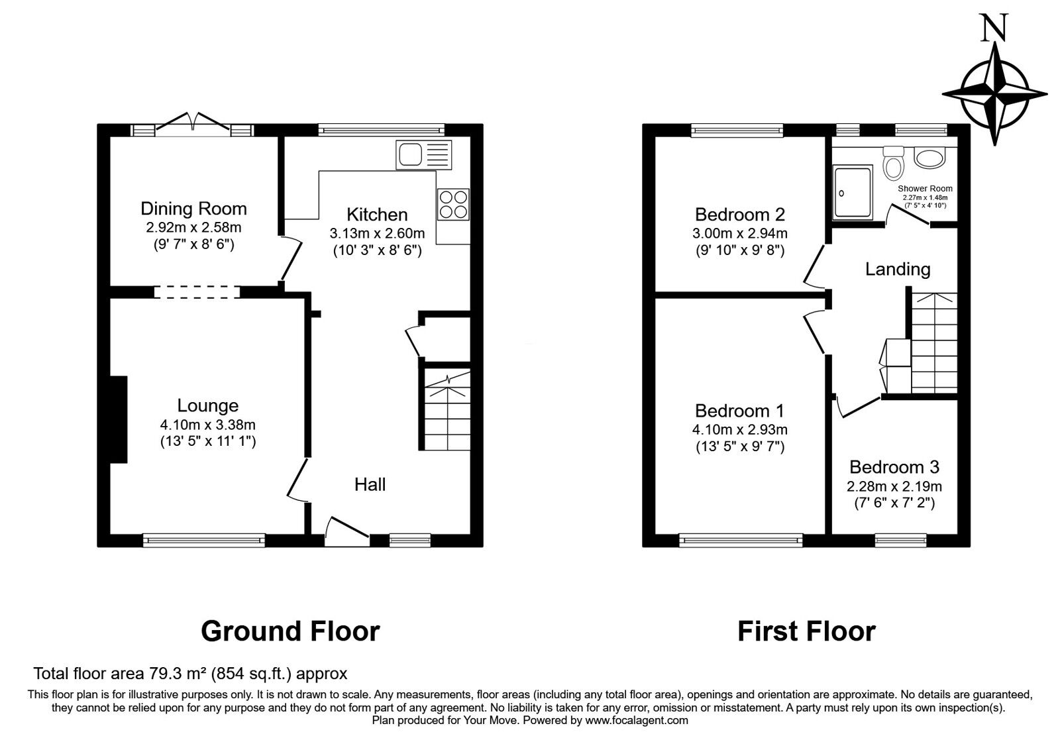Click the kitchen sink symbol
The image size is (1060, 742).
pos(423,155)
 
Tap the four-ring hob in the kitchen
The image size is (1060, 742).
pos(453,205)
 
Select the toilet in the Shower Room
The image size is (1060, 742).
pos(894,162)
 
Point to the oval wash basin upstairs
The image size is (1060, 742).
pos(929,158)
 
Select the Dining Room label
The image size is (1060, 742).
pos(193,209)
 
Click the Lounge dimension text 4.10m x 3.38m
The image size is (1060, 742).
pos(208,425)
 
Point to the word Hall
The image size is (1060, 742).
pos(370,484)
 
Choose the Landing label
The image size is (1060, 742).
pos(898,269)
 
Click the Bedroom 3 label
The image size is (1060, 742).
pos(894,467)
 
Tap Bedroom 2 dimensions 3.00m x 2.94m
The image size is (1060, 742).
pos(739,233)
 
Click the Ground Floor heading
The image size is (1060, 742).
pos(290,631)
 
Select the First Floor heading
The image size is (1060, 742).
pos(806,631)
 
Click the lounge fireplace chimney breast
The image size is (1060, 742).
pos(119,419)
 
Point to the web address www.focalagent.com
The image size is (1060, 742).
pos(637,720)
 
